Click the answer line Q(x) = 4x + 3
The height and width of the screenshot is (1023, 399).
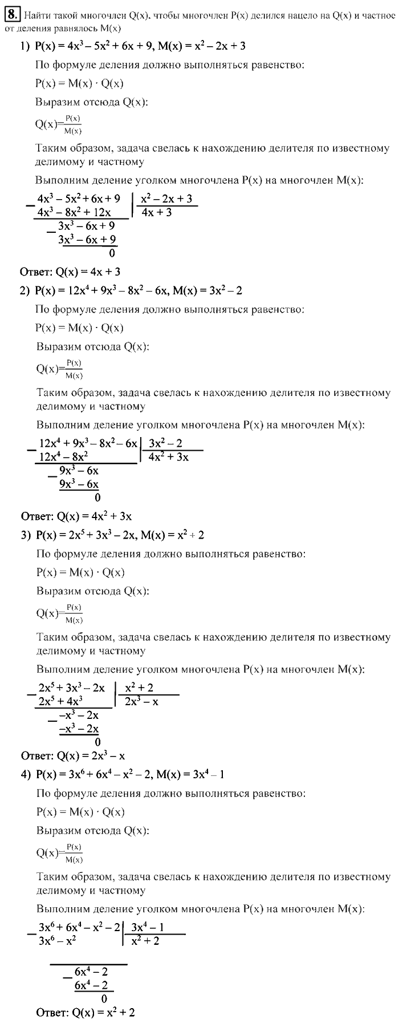tap(70, 272)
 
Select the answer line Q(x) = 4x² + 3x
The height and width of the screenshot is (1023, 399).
tap(76, 516)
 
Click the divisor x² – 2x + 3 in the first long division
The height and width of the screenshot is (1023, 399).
tap(166, 199)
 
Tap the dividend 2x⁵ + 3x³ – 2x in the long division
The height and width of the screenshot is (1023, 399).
tap(71, 688)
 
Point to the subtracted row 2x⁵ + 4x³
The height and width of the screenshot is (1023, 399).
tap(60, 701)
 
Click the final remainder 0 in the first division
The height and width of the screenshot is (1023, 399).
tap(112, 253)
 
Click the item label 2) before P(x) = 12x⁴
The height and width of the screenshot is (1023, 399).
tap(25, 291)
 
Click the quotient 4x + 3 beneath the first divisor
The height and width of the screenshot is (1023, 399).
tap(157, 213)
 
